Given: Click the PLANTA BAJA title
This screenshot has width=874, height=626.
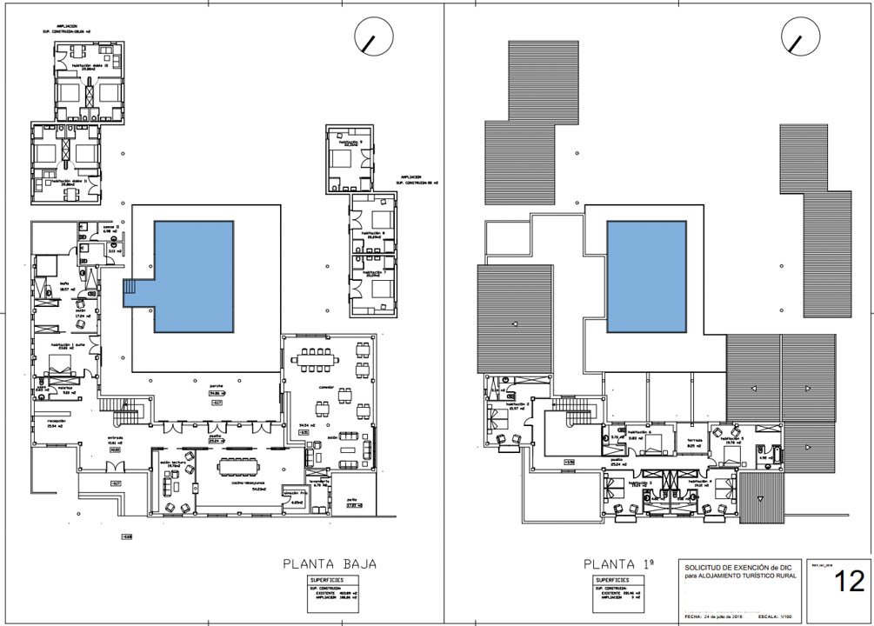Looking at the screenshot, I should pyautogui.click(x=330, y=563).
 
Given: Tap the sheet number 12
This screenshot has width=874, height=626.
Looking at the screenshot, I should pyautogui.click(x=849, y=582).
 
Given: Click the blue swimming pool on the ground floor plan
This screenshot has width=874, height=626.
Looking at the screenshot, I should pyautogui.click(x=194, y=276).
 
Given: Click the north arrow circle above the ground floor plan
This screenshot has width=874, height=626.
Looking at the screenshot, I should pyautogui.click(x=374, y=37).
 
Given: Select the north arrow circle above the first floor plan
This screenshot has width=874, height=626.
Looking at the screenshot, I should pyautogui.click(x=801, y=37).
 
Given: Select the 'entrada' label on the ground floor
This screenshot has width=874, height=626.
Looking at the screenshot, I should pyautogui.click(x=116, y=438).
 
